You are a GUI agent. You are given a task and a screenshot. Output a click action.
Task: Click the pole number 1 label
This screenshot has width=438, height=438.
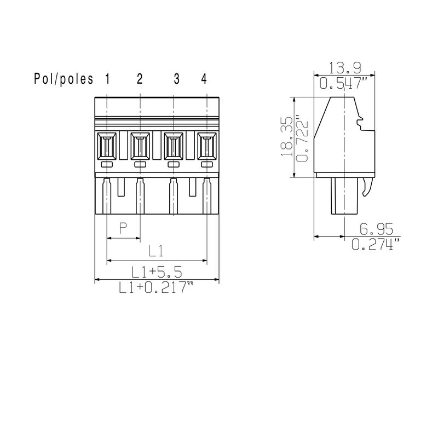click(x=107, y=79)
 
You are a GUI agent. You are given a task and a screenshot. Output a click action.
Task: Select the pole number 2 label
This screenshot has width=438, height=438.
click(x=140, y=79)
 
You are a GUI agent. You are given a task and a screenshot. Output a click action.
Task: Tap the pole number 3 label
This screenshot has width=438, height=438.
click(x=176, y=79)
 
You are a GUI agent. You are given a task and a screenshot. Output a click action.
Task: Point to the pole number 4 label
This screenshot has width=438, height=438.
click(x=204, y=79)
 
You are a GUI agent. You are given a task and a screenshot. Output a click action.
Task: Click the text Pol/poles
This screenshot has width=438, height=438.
click(x=64, y=79)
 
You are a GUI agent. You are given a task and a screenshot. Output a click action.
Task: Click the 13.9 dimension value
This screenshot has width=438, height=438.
click(x=344, y=68)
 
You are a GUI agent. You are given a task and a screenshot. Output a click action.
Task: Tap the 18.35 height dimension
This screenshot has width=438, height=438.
click(x=287, y=136)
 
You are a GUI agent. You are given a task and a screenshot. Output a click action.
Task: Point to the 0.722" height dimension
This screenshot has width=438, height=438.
click(x=302, y=139)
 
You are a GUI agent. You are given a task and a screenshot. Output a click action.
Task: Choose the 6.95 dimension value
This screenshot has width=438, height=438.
click(x=376, y=229)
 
